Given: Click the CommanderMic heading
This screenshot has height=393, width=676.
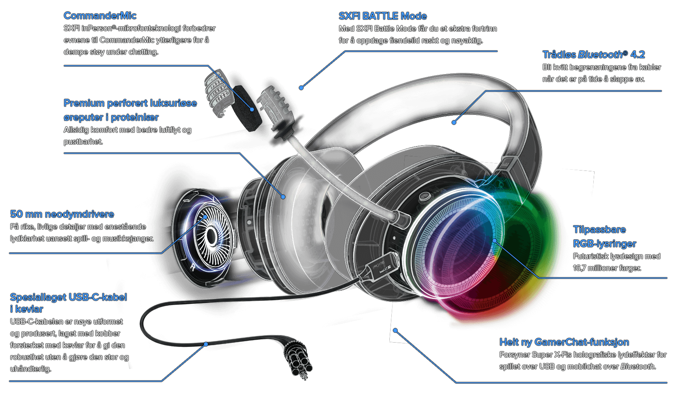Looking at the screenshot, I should (x=100, y=16).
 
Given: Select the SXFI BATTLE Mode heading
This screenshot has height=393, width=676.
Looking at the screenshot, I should (x=383, y=16).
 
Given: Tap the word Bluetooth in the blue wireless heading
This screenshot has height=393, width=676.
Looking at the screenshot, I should (x=600, y=55).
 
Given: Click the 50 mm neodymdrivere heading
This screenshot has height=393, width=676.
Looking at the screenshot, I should (x=62, y=214).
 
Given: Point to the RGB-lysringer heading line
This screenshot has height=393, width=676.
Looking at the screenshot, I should (x=604, y=244).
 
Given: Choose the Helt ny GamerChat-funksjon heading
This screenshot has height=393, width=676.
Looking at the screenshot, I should (x=564, y=342).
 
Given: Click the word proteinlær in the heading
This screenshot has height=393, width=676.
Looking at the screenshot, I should (x=135, y=117).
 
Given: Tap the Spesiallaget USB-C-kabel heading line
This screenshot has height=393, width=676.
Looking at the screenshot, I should (x=69, y=297).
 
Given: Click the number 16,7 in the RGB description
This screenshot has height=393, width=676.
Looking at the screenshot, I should (x=579, y=268).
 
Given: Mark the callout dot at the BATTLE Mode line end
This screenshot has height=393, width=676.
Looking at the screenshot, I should (x=301, y=88).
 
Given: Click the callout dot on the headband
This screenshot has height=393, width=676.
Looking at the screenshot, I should (x=454, y=122).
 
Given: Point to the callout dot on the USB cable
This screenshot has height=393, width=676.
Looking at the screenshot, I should (x=206, y=344).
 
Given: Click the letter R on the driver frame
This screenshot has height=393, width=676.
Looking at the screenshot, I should (x=193, y=267).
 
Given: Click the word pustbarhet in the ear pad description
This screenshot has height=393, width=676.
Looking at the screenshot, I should (x=83, y=142).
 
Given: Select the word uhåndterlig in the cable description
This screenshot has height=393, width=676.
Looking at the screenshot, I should (x=30, y=369).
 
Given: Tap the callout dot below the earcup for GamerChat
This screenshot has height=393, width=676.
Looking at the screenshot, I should (x=395, y=330).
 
